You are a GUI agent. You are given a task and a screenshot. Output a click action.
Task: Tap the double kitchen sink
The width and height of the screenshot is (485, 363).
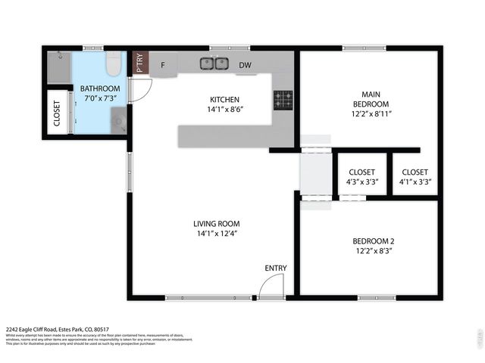(214, 64)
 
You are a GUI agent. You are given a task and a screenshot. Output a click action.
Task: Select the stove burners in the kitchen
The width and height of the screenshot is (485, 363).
(283, 97)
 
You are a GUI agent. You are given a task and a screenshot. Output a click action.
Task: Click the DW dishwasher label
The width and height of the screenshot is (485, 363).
(245, 66)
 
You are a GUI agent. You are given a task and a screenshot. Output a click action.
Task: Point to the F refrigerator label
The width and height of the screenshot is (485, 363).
(163, 66)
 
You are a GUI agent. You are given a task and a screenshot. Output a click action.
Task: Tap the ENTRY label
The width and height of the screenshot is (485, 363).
(275, 268)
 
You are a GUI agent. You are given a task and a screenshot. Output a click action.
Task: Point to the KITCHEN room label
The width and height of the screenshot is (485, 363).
(224, 99)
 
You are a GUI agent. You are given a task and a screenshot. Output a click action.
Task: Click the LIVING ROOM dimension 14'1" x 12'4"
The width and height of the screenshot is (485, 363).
(216, 234)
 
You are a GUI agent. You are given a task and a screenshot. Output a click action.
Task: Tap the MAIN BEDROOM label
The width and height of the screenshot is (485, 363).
(371, 99)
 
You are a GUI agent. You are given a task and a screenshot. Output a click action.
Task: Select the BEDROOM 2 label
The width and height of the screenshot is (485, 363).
(373, 241)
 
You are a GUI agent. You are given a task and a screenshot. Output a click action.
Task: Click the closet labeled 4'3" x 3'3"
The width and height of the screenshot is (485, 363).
(361, 176)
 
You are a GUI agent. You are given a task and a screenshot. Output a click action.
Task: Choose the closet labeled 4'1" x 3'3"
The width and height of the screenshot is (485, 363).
(415, 176)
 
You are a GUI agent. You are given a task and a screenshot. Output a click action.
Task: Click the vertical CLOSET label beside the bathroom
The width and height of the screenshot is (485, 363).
(57, 113)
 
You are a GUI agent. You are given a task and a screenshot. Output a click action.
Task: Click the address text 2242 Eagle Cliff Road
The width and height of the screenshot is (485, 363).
(45, 329)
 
